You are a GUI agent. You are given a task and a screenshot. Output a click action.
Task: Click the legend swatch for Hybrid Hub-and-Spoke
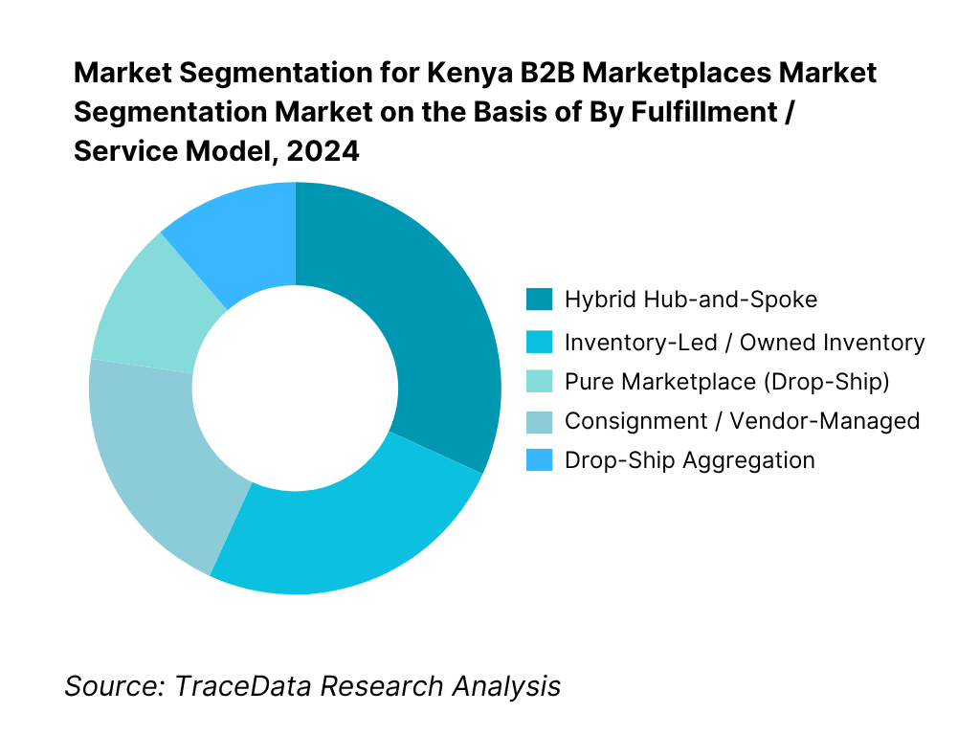[x=539, y=300]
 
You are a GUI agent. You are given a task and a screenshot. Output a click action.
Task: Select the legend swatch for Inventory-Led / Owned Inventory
[x=539, y=342]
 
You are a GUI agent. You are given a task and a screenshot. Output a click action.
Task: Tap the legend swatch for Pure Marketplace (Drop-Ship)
[x=539, y=382]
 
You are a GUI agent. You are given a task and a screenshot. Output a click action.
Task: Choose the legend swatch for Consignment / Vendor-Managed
[x=539, y=420]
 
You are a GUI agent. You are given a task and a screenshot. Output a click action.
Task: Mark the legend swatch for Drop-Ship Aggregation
[x=539, y=459]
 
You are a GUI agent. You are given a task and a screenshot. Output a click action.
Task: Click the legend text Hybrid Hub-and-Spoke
[x=691, y=300]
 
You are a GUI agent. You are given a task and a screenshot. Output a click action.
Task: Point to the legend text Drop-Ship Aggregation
[x=689, y=459]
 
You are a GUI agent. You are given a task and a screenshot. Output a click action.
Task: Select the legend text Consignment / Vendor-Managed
[x=742, y=420]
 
